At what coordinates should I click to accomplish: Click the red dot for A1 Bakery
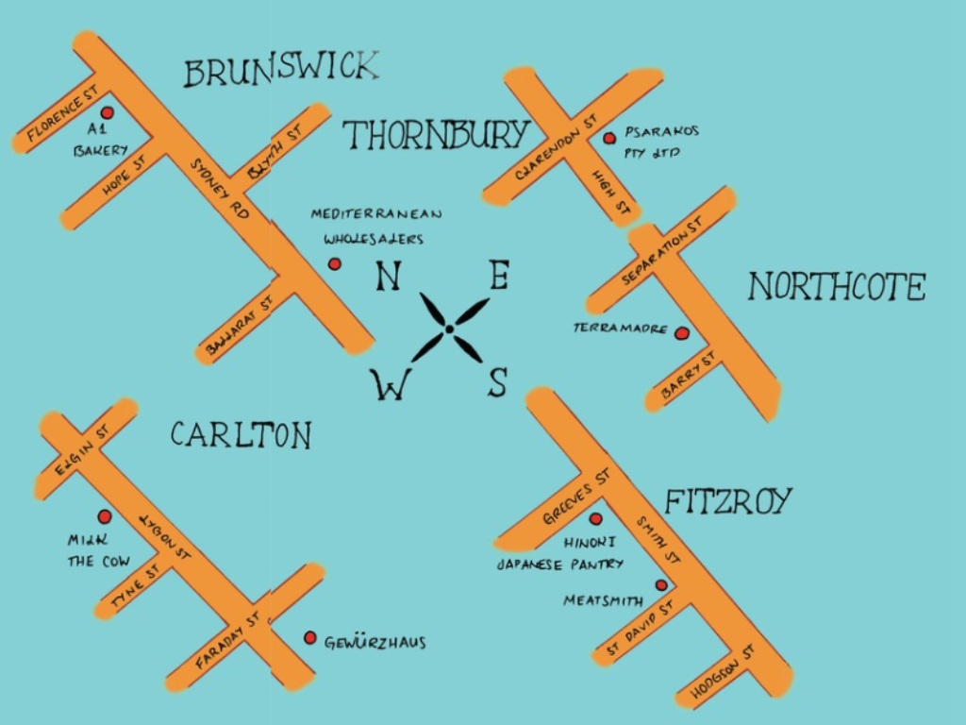pyautogui.click(x=107, y=112)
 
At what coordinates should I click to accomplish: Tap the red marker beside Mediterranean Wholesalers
pyautogui.click(x=334, y=264)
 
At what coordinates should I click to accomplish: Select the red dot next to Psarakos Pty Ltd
pyautogui.click(x=609, y=139)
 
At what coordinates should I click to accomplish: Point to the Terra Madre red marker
pyautogui.click(x=681, y=332)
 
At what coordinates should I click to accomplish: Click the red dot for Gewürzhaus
pyautogui.click(x=309, y=638)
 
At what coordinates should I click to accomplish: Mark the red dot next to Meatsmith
pyautogui.click(x=661, y=585)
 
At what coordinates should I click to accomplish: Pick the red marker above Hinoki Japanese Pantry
pyautogui.click(x=595, y=518)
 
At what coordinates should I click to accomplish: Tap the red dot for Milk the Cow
pyautogui.click(x=105, y=516)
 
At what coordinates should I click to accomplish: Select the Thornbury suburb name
pyautogui.click(x=435, y=136)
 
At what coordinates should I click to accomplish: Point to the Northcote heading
pyautogui.click(x=837, y=287)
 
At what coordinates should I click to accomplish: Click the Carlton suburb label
pyautogui.click(x=241, y=435)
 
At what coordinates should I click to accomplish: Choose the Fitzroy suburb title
pyautogui.click(x=728, y=501)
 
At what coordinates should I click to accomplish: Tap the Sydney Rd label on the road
pyautogui.click(x=219, y=189)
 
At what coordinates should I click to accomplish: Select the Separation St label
pyautogui.click(x=663, y=252)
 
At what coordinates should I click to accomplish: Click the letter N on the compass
pyautogui.click(x=388, y=277)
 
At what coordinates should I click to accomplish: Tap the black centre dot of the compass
pyautogui.click(x=450, y=329)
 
